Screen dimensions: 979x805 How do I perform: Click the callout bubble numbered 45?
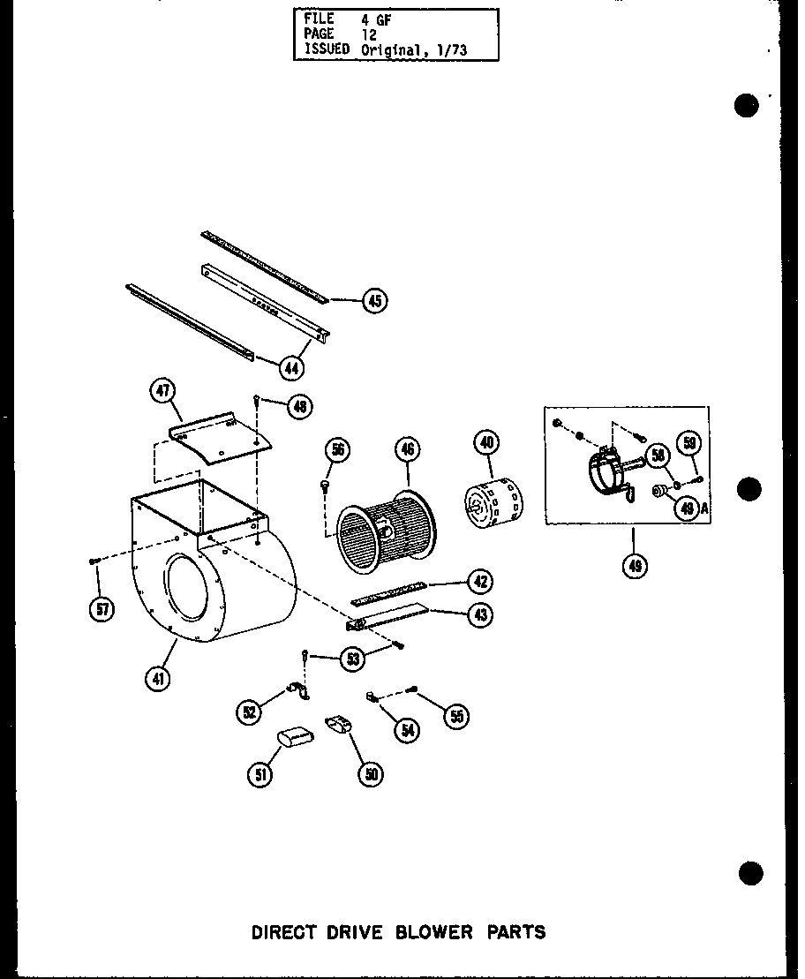375,301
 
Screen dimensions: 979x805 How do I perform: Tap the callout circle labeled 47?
164,392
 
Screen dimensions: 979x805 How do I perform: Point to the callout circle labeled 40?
485,442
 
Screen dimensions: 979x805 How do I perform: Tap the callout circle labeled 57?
102,609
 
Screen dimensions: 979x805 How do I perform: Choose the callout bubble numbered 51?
260,774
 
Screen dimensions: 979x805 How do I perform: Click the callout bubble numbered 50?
370,774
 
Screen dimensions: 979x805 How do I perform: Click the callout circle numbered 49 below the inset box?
634,565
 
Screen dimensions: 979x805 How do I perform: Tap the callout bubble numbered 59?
690,443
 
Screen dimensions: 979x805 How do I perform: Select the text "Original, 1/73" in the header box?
413,50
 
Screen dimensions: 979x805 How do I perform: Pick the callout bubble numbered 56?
336,451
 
